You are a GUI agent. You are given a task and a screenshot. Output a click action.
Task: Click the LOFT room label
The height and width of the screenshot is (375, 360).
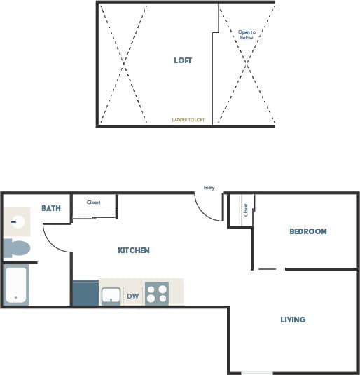(x=183, y=60)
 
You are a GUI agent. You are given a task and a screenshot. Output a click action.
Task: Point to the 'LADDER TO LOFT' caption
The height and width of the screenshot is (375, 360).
(x=188, y=120)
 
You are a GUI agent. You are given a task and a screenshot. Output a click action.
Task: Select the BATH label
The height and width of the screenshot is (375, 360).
(x=51, y=208)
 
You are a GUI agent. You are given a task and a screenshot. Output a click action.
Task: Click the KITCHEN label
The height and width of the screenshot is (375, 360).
(x=133, y=250)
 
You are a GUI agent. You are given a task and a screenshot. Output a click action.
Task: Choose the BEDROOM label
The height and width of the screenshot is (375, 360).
(x=308, y=231)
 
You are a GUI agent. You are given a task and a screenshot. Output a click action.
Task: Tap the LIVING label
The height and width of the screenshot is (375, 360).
(x=293, y=320)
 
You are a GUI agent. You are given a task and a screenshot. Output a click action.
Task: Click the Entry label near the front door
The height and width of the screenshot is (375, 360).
(x=209, y=188)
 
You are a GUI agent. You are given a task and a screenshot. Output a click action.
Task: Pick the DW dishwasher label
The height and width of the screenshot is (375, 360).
(x=132, y=296)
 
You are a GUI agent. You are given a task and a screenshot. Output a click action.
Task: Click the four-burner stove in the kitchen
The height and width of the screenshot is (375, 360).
(x=157, y=294)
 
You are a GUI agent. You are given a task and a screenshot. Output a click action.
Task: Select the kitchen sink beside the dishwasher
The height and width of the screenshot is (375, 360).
(x=111, y=296)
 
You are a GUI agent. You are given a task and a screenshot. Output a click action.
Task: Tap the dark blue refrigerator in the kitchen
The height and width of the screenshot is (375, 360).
(x=85, y=293)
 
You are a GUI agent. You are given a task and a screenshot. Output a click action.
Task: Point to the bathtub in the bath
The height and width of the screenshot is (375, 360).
(x=16, y=285)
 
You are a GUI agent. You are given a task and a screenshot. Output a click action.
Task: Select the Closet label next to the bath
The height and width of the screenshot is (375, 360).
(x=93, y=203)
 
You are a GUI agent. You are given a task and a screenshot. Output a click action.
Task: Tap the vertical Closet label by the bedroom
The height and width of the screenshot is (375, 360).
(x=246, y=210)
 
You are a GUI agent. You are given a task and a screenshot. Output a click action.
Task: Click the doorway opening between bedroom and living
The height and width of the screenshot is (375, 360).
(x=270, y=269)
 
